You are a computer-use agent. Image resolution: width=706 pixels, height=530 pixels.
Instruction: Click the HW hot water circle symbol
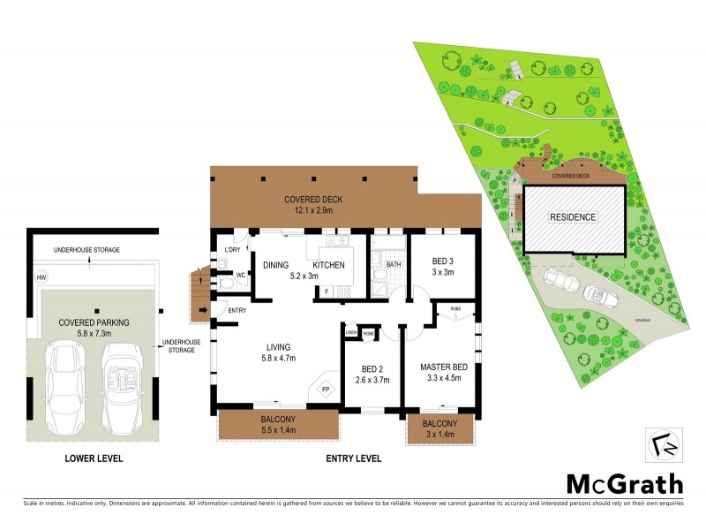(x=41, y=278)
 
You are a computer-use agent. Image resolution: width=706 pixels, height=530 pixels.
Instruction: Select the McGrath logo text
(x=624, y=483)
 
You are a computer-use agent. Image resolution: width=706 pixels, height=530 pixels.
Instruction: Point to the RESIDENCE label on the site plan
(x=574, y=217)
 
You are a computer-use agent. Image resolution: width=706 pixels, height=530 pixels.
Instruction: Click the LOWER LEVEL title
(x=94, y=458)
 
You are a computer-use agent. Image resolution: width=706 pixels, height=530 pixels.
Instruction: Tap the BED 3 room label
(x=443, y=262)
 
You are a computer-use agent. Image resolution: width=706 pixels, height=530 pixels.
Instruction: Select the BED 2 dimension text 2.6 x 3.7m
(x=372, y=380)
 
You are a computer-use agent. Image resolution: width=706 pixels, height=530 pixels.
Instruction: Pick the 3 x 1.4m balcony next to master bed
(x=440, y=433)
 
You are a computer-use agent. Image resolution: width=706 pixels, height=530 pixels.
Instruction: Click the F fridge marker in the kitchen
(x=327, y=291)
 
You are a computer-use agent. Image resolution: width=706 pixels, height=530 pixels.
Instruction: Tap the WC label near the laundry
(x=239, y=275)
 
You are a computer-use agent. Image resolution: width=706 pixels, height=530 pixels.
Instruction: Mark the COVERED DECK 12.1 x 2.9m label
(x=313, y=205)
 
